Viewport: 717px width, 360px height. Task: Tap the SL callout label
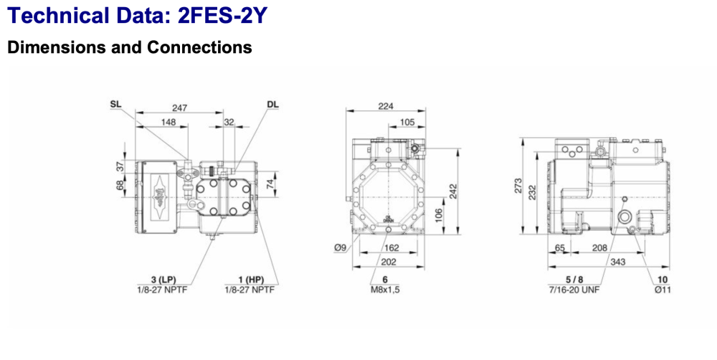pyautogui.click(x=116, y=104)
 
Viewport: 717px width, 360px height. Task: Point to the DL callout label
pyautogui.click(x=272, y=104)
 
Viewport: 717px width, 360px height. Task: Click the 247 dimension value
pyautogui.click(x=179, y=108)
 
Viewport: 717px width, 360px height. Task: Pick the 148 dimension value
pyautogui.click(x=168, y=122)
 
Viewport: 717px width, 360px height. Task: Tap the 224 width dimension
pyautogui.click(x=386, y=106)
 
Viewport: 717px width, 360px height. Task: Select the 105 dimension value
pyautogui.click(x=407, y=122)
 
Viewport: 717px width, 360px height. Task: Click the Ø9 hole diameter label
pyautogui.click(x=342, y=248)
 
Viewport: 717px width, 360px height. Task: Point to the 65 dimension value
pyautogui.click(x=561, y=247)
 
